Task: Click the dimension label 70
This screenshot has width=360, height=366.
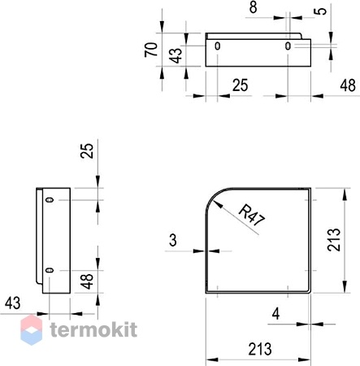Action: [x=151, y=50]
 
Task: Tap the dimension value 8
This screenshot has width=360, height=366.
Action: [x=253, y=7]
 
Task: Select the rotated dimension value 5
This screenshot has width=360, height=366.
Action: [x=322, y=11]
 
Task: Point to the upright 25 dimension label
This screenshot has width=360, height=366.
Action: [x=240, y=85]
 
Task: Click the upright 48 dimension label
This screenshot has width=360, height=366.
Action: [x=348, y=85]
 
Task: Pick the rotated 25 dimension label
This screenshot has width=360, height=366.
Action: [x=87, y=150]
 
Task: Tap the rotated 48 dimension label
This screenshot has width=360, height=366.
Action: [x=87, y=281]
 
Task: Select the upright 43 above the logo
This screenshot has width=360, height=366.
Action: [x=12, y=303]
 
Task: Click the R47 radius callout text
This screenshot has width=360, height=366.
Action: [x=251, y=216]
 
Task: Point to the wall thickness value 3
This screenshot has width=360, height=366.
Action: [x=173, y=240]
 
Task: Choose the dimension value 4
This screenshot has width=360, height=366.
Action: [x=275, y=314]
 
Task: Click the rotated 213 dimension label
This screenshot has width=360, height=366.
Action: [x=333, y=240]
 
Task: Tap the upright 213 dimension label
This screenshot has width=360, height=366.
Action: [x=260, y=349]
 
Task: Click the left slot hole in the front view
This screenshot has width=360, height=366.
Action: [x=217, y=46]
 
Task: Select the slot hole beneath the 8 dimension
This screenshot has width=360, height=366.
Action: [x=288, y=46]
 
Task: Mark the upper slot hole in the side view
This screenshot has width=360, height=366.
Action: [x=50, y=200]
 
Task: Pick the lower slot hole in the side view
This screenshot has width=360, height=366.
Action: [x=50, y=270]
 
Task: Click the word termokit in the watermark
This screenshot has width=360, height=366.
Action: [x=93, y=329]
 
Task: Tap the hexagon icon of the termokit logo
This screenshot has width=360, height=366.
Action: [x=32, y=329]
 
